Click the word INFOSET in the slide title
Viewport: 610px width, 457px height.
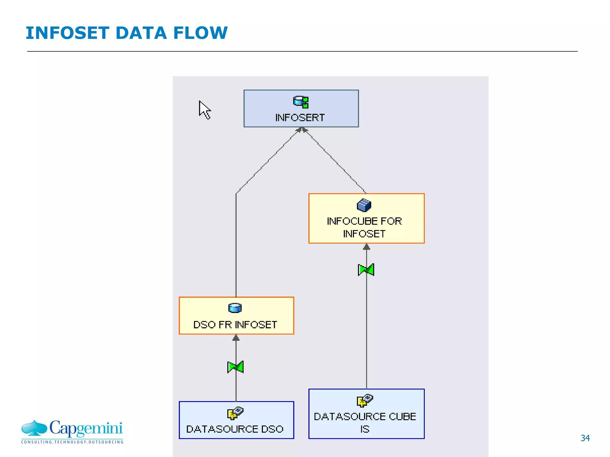[x=67, y=33]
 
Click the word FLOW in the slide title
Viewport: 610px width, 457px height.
[x=200, y=33]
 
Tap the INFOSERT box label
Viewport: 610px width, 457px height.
[x=300, y=118]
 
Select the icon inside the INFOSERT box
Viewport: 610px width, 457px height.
[x=301, y=102]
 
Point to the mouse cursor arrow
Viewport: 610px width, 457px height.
[x=204, y=109]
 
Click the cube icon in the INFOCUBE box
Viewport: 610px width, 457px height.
[x=364, y=205]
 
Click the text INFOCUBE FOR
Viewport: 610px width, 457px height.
[x=364, y=221]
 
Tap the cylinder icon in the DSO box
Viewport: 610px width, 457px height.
[x=235, y=308]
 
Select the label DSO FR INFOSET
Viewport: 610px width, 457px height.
[x=235, y=325]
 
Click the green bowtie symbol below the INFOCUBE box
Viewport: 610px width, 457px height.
[x=366, y=270]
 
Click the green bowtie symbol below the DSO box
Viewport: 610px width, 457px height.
[x=235, y=367]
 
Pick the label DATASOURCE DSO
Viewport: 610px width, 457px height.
[x=235, y=429]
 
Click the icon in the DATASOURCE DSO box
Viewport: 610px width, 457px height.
[x=235, y=413]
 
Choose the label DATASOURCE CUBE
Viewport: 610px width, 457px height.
[x=365, y=417]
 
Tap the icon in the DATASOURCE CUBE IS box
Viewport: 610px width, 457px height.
[x=365, y=400]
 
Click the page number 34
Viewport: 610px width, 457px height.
[x=585, y=438]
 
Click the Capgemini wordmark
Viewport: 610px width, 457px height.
[x=86, y=428]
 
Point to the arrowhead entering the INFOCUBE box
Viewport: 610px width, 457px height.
[x=367, y=247]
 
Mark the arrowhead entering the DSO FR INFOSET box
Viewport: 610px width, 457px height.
[x=236, y=338]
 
